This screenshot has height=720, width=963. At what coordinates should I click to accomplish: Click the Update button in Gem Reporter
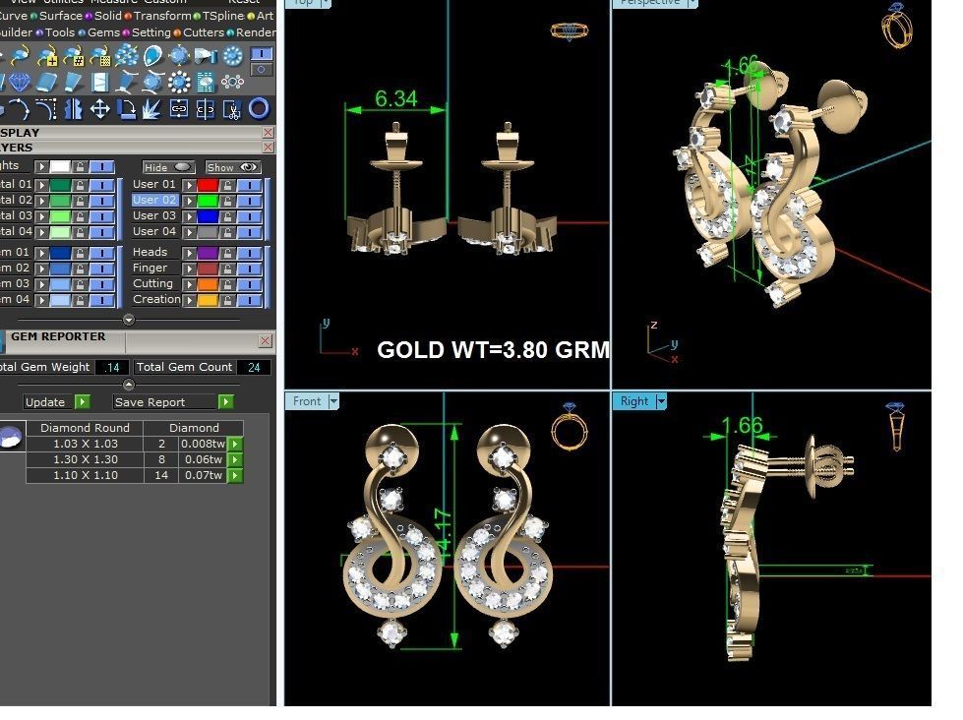tap(45, 402)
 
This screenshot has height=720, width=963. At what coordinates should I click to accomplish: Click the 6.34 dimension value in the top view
tap(396, 98)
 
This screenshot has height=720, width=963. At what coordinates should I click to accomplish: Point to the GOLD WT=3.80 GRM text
tap(493, 350)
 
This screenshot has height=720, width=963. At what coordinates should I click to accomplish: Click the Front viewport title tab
tap(307, 401)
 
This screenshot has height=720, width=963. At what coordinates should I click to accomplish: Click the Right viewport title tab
tap(634, 401)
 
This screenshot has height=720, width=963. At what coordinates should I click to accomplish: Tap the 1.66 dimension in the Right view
tap(742, 425)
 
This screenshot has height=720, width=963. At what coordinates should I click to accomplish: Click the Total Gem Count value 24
tap(254, 367)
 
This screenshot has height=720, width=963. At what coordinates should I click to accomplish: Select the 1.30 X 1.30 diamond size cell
tap(85, 459)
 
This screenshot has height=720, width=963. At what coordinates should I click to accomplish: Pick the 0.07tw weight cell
tap(203, 475)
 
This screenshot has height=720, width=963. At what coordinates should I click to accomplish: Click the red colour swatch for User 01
tap(207, 185)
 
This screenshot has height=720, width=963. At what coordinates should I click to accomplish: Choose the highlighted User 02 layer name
tap(153, 200)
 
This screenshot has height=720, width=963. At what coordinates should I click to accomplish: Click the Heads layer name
tap(150, 253)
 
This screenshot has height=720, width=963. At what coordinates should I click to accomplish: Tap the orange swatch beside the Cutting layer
tap(207, 284)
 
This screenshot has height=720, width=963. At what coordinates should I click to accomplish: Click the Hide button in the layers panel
tap(168, 167)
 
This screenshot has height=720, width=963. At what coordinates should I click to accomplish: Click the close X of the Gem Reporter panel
tap(265, 341)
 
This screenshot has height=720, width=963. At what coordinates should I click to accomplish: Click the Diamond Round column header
tap(85, 428)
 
